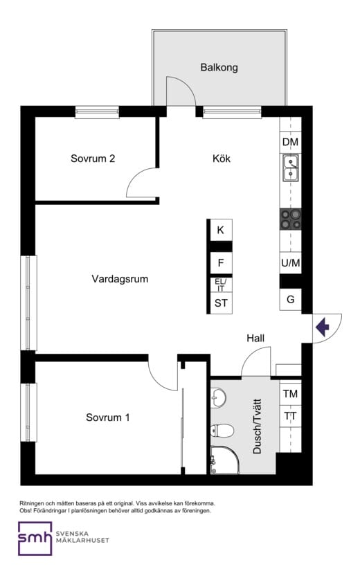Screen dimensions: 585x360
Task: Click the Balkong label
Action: [x=219, y=68]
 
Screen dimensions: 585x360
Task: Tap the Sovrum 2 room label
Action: [x=93, y=158]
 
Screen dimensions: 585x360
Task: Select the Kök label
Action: [x=222, y=159]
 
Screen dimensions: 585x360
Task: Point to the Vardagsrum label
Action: [x=120, y=279]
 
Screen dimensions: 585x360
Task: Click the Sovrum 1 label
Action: [x=108, y=417]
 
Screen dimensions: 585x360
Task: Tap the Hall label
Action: [x=255, y=338]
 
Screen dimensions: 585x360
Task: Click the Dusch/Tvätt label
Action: [x=257, y=426]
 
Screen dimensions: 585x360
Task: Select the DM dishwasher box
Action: [x=291, y=143]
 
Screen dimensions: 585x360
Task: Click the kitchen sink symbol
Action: [x=291, y=168]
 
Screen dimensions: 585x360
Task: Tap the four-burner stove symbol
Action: [x=291, y=219]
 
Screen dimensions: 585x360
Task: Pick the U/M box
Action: [x=291, y=263]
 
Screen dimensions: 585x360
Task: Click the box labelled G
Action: [x=291, y=300]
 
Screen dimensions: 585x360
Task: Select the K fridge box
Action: [x=220, y=230]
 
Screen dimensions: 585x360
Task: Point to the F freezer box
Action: [x=220, y=263]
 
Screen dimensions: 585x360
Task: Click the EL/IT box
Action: [x=220, y=285]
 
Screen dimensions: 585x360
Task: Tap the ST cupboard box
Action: [x=220, y=303]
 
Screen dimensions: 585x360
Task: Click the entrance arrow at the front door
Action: [x=323, y=327]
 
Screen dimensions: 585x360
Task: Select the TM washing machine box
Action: [x=291, y=393]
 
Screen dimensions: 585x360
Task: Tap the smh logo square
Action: [x=35, y=538]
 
